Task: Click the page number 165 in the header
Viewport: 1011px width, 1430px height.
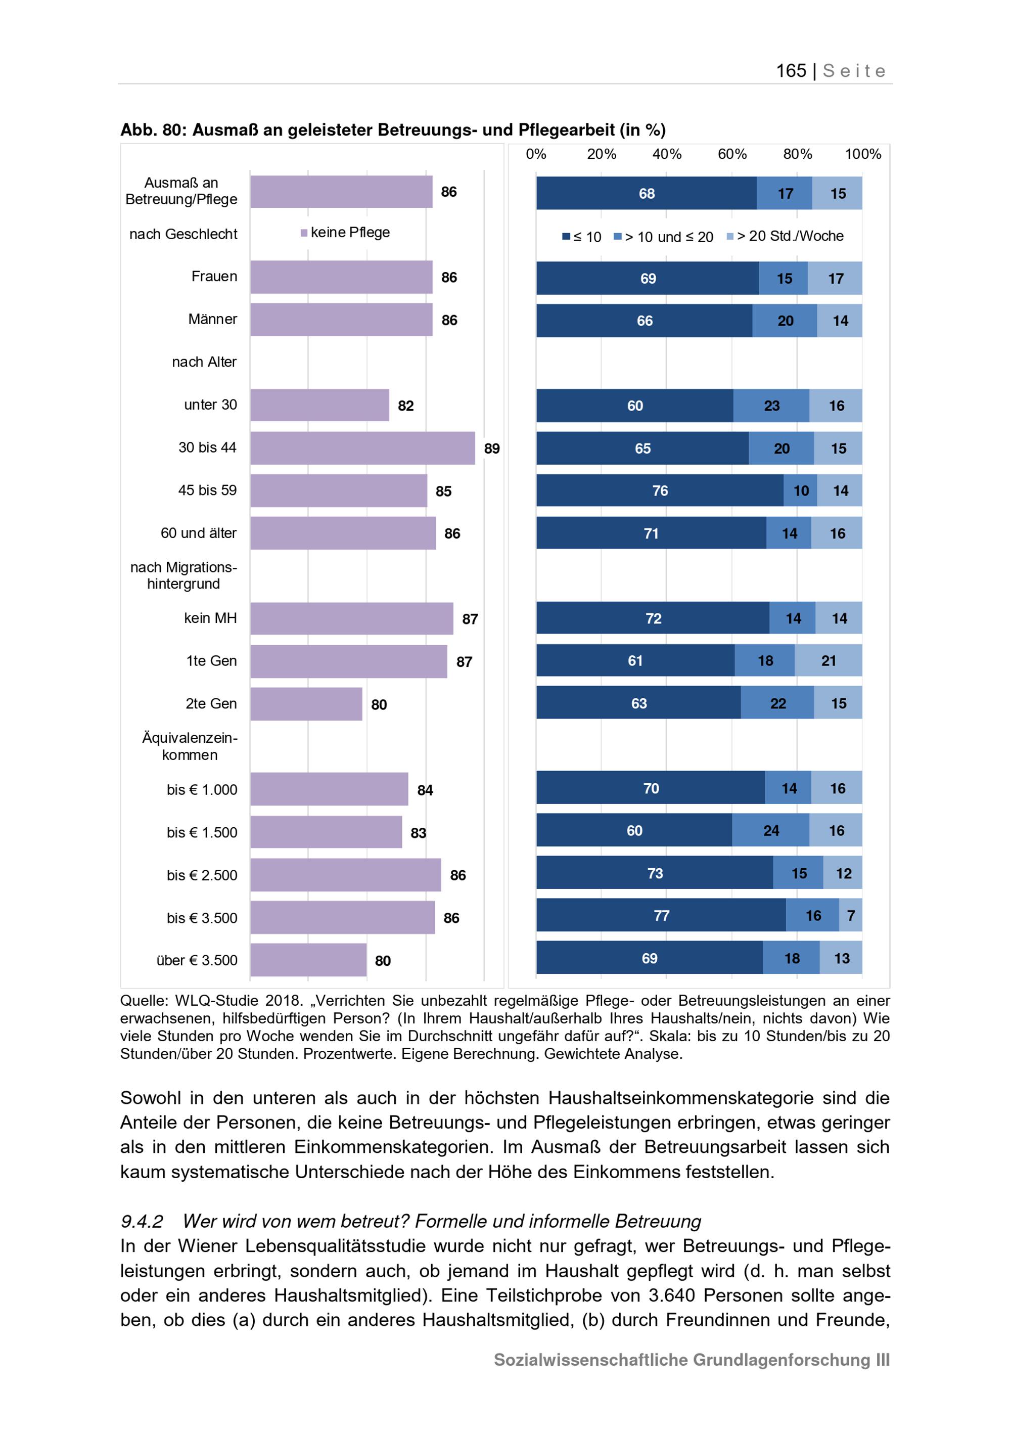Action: pyautogui.click(x=791, y=70)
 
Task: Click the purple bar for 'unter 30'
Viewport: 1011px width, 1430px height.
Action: pyautogui.click(x=319, y=405)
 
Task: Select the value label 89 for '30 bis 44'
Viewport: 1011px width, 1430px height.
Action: pyautogui.click(x=492, y=449)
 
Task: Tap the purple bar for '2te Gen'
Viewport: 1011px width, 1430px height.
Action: pyautogui.click(x=306, y=704)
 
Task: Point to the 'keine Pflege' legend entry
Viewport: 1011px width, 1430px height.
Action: pyautogui.click(x=345, y=232)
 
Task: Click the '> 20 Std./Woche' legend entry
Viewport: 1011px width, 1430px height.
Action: pyautogui.click(x=785, y=236)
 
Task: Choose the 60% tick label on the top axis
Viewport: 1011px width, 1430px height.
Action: pyautogui.click(x=732, y=154)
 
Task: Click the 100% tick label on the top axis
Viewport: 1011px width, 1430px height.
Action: pyautogui.click(x=862, y=154)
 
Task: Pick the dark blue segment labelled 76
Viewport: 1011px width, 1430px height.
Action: pyautogui.click(x=660, y=491)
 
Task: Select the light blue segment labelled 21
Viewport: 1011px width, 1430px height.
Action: pyautogui.click(x=829, y=661)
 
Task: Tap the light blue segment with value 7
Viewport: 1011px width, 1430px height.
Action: pyautogui.click(x=850, y=916)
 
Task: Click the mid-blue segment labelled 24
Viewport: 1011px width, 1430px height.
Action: pyautogui.click(x=771, y=830)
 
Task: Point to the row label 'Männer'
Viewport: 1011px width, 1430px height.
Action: pyautogui.click(x=212, y=320)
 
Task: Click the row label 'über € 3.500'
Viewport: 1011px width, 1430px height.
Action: pyautogui.click(x=197, y=960)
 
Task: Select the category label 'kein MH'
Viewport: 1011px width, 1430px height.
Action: pyautogui.click(x=210, y=618)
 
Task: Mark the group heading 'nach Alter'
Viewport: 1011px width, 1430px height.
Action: pyautogui.click(x=204, y=362)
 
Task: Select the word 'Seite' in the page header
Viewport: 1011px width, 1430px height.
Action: pyautogui.click(x=854, y=70)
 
